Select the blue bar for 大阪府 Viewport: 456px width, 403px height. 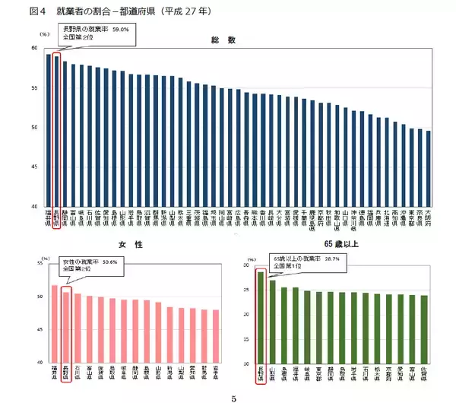tap(429, 168)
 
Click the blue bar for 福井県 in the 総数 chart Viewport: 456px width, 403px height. tap(48, 129)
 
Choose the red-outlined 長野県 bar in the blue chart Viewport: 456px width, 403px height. tap(56, 130)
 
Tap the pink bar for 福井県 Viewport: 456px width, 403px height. tap(55, 323)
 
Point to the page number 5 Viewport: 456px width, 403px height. tap(234, 396)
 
